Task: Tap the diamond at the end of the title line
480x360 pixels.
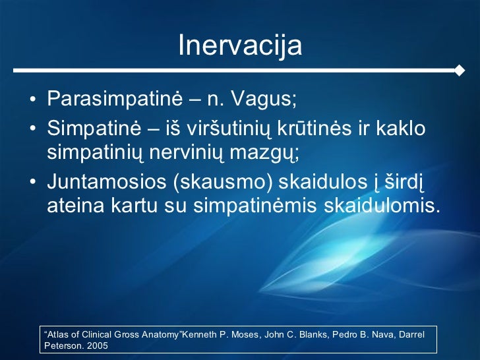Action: coord(459,71)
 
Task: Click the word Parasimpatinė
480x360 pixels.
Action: coord(115,99)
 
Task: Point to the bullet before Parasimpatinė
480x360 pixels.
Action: coord(33,100)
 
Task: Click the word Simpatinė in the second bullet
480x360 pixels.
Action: coord(94,129)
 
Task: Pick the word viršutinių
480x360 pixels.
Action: coord(229,129)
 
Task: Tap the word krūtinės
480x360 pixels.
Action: coord(314,128)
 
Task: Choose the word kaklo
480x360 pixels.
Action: coord(401,128)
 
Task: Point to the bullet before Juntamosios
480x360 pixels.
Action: coord(33,182)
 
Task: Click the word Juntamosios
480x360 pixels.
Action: coord(107,181)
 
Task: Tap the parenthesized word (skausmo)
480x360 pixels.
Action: coord(223,182)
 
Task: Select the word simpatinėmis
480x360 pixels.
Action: coord(255,206)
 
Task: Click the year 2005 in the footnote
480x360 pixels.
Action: coord(98,346)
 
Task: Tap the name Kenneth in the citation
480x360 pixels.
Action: coord(198,334)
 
